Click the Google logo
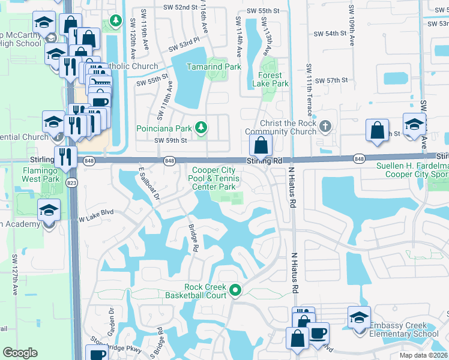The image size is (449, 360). (20, 353)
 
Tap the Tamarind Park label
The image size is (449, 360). (214, 67)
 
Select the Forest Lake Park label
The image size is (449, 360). (274, 80)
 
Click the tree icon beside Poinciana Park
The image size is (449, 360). (202, 127)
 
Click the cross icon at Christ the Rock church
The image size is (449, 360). (325, 127)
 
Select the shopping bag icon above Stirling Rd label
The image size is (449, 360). (261, 145)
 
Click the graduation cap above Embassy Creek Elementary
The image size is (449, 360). (359, 317)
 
